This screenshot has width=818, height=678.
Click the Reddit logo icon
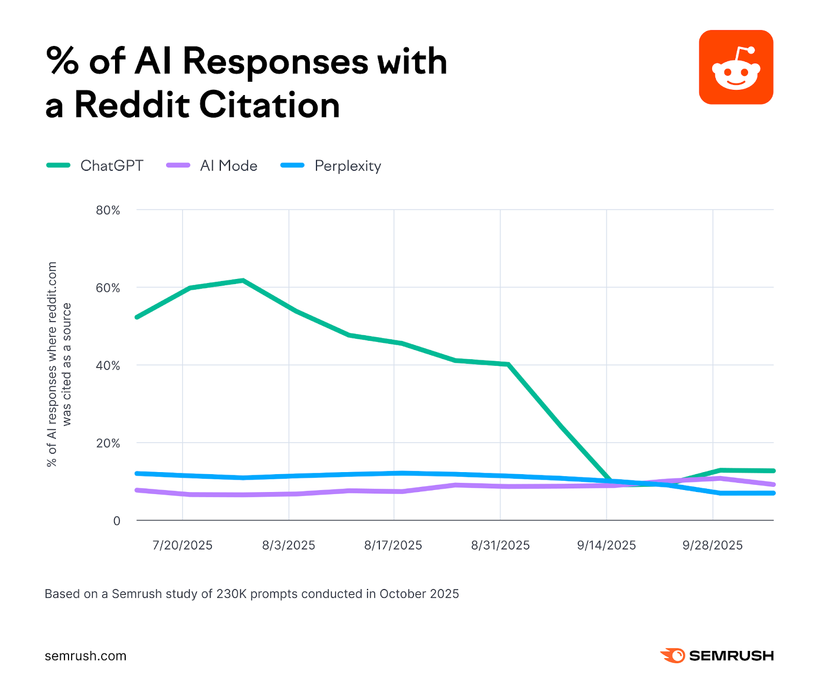[x=736, y=67]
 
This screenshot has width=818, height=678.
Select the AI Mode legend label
[x=229, y=166]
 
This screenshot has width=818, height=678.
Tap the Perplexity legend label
[x=348, y=166]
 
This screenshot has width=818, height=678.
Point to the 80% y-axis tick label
[x=108, y=211]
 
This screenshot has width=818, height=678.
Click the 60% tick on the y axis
[x=108, y=288]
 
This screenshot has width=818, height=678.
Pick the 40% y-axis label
[x=108, y=366]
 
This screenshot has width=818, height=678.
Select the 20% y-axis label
[x=108, y=443]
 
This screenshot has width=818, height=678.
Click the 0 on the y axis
[x=117, y=521]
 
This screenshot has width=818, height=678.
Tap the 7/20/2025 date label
[x=182, y=545]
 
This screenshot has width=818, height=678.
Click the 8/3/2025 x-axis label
[x=288, y=545]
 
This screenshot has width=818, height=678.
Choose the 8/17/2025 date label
[x=393, y=545]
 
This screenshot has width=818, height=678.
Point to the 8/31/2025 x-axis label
[x=500, y=545]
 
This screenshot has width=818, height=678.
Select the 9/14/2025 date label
[x=606, y=545]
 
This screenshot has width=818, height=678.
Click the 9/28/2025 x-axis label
[x=712, y=545]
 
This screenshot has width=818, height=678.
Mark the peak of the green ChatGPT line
[x=243, y=280]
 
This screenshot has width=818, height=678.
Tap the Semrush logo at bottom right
[x=717, y=656]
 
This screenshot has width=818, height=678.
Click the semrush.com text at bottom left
[x=85, y=656]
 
